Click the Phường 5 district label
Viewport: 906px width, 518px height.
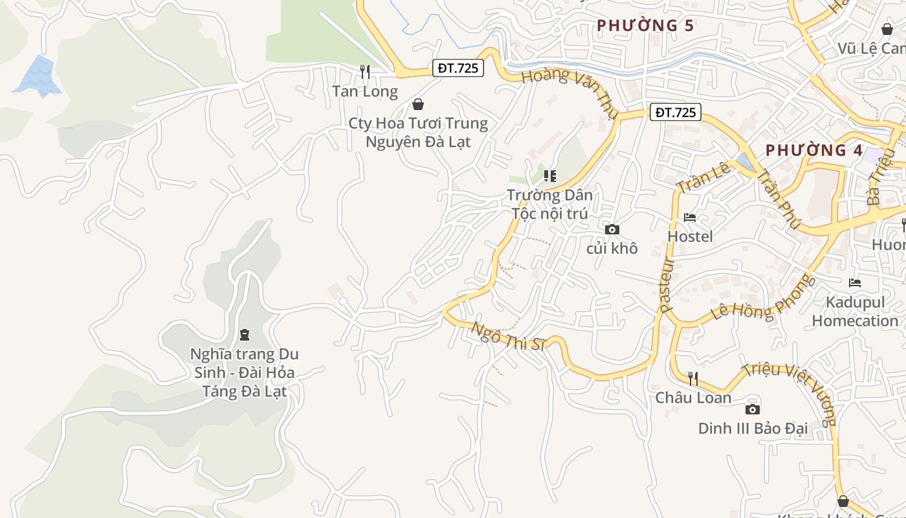(x=645, y=25)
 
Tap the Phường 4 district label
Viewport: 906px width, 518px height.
(x=814, y=150)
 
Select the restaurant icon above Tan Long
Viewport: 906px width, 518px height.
(x=365, y=71)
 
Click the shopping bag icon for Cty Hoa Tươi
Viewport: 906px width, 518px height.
(x=418, y=104)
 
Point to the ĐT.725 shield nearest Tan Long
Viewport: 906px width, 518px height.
(x=458, y=68)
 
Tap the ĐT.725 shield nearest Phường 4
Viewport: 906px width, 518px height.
(x=675, y=112)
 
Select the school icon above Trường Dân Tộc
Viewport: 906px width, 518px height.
(x=549, y=175)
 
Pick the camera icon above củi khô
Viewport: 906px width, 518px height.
(x=612, y=229)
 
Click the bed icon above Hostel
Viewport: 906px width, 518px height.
(x=690, y=218)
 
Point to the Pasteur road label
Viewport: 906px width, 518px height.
(x=667, y=286)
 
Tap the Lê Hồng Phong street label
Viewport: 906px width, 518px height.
(x=760, y=298)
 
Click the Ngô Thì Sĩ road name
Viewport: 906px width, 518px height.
(x=509, y=335)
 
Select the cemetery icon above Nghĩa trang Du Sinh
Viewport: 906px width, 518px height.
(x=245, y=335)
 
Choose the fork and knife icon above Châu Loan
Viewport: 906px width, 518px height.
(x=693, y=378)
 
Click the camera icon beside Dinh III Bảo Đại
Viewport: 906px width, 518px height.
(x=752, y=409)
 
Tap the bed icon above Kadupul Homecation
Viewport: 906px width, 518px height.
(x=855, y=283)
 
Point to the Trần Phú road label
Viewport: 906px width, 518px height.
(x=779, y=199)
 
